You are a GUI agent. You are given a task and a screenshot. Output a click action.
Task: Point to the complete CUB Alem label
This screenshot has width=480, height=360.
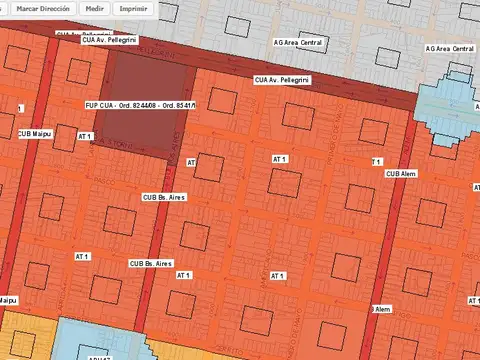[401, 173]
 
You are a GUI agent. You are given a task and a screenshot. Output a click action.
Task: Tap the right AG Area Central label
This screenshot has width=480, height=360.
[449, 48]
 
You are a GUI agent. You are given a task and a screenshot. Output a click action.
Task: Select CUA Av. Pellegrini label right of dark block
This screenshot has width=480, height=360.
[281, 79]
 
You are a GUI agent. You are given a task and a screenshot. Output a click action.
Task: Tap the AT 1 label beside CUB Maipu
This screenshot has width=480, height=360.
[84, 136]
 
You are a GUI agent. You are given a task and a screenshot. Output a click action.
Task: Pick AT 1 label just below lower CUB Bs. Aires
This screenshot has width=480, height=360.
[182, 274]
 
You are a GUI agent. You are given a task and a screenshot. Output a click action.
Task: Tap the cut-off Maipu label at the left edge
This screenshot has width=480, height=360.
[8, 299]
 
